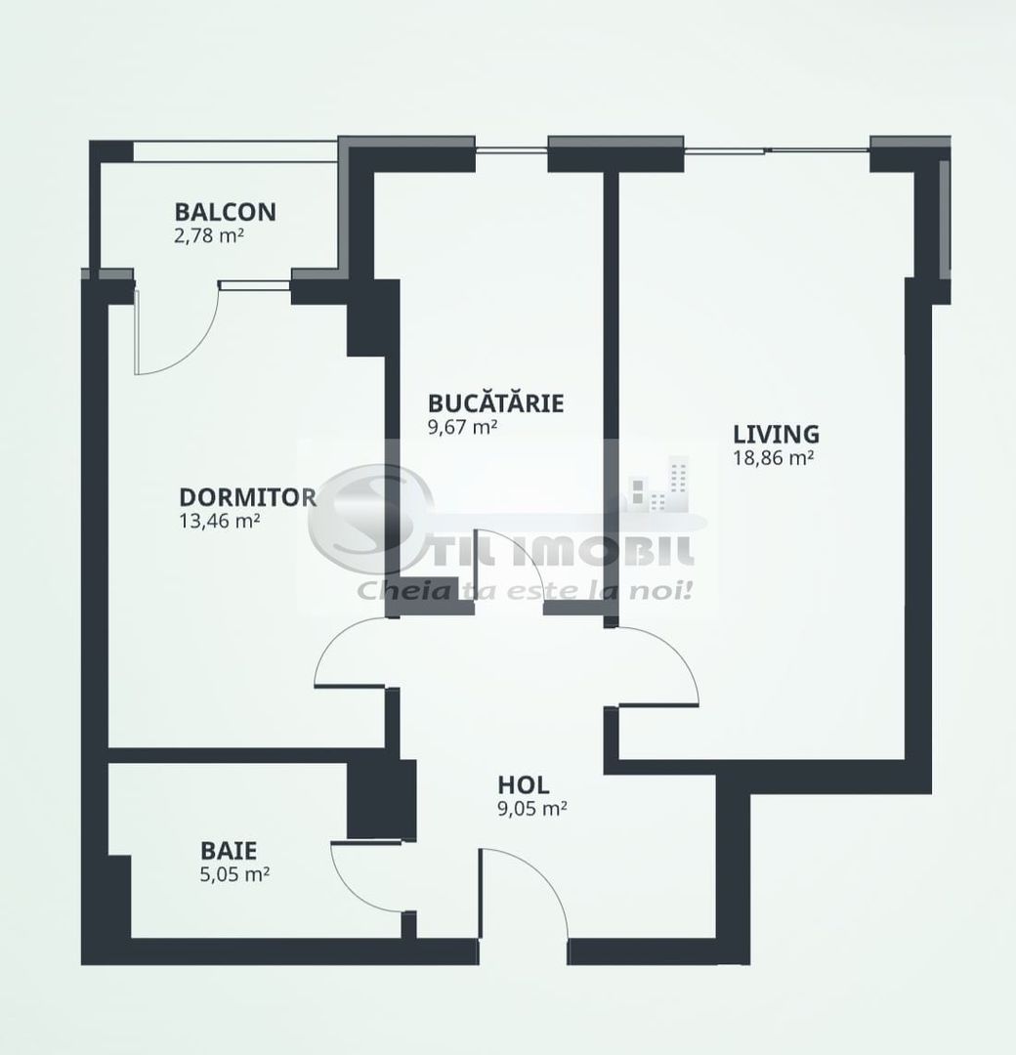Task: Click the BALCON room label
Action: tap(225, 211)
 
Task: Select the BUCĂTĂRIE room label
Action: tap(495, 402)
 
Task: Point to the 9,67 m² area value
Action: tap(463, 426)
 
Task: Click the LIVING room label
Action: tap(776, 434)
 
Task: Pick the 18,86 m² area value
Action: tap(774, 457)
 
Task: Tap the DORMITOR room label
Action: tap(247, 496)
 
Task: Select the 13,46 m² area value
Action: tap(220, 521)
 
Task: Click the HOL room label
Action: tap(523, 784)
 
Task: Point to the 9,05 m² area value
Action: tap(532, 808)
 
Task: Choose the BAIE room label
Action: tap(230, 850)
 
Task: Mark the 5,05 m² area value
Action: tap(233, 873)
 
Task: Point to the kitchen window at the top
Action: tap(510, 149)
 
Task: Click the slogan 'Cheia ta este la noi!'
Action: tap(525, 590)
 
